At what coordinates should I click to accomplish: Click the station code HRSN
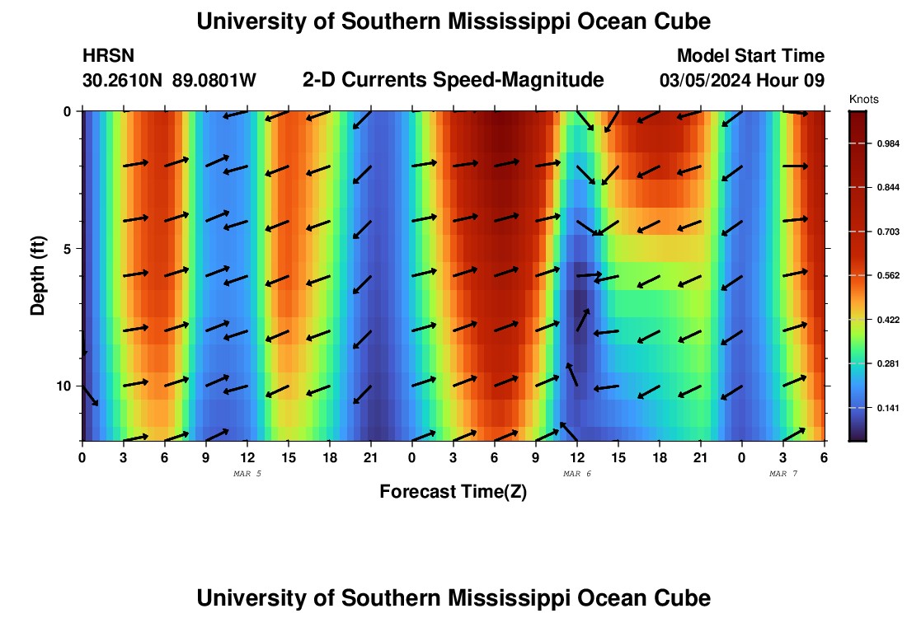coord(109,56)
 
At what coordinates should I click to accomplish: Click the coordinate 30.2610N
coord(123,81)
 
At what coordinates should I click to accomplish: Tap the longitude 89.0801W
coord(214,81)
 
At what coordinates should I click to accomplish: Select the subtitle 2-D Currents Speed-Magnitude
coord(453,80)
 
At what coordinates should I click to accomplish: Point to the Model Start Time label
coord(750,56)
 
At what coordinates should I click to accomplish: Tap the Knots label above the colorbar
coord(863,99)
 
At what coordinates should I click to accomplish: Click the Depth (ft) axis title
coord(38,275)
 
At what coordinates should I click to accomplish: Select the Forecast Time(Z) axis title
coord(453,492)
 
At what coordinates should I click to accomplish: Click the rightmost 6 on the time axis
coord(824,457)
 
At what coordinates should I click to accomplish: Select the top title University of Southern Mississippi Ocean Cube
coord(453,21)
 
